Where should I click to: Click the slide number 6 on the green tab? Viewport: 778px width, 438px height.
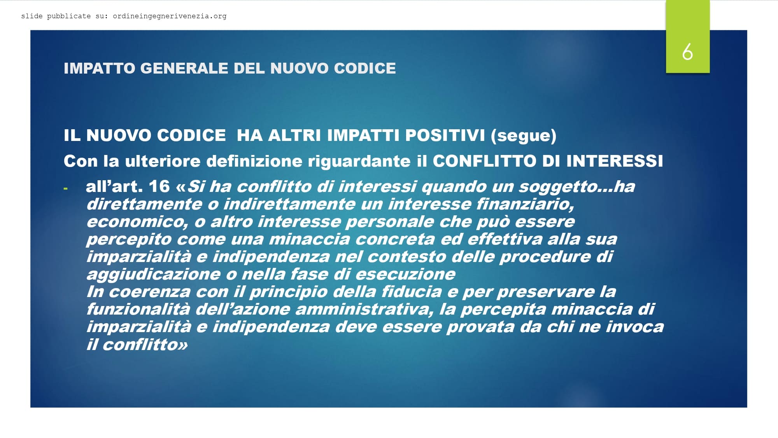[687, 52]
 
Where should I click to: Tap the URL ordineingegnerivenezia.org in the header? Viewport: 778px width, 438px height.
[170, 16]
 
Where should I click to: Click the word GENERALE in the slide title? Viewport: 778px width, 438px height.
[184, 68]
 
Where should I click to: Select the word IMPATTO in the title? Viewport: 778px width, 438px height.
[99, 68]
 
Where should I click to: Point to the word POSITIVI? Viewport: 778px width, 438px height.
[445, 135]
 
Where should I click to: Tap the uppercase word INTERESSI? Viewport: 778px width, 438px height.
[615, 161]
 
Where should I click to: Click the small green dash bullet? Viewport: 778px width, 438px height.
[65, 189]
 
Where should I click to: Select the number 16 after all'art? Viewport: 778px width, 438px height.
[159, 186]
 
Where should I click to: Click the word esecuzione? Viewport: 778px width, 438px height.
[405, 274]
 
